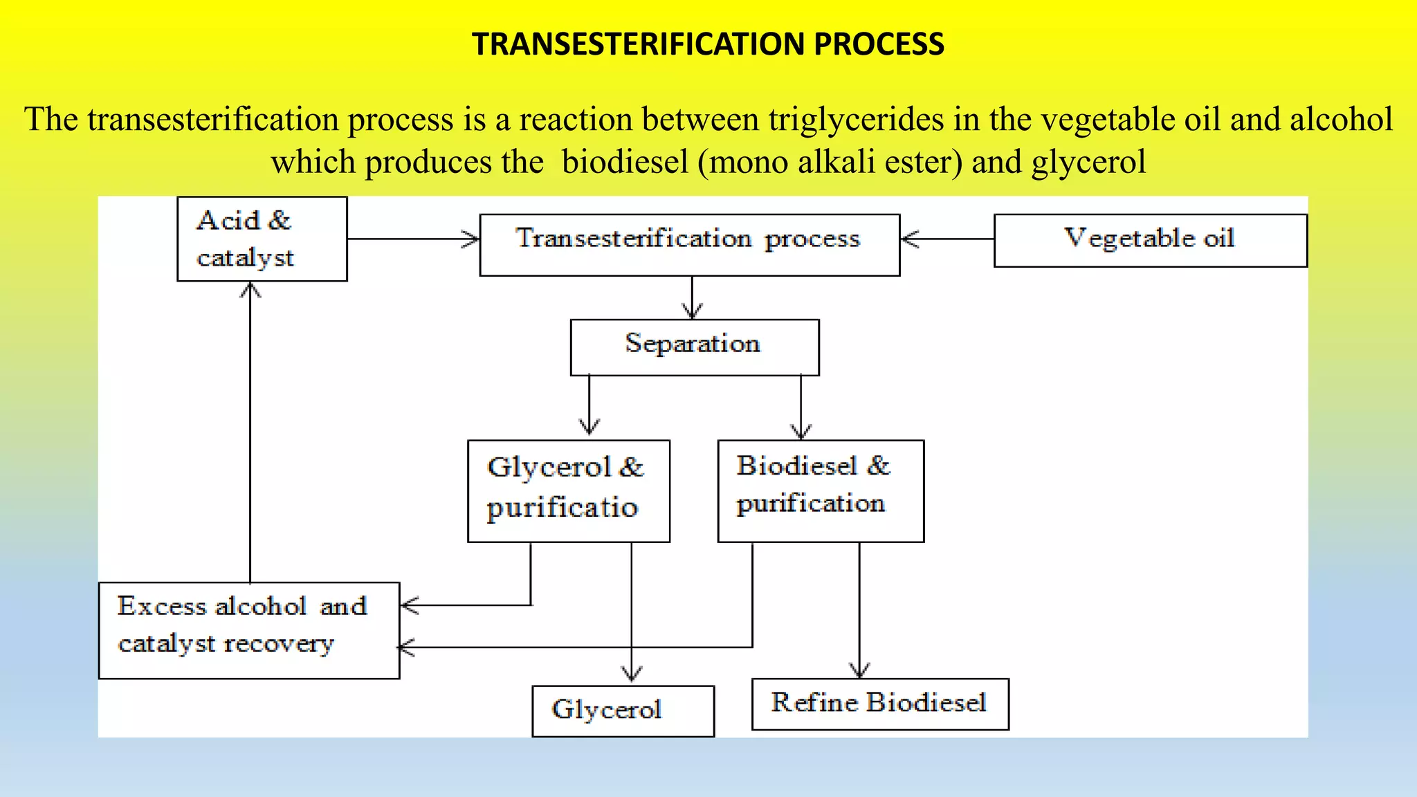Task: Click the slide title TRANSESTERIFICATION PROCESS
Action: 708,44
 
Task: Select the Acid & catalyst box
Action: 262,239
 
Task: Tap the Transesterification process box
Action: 689,244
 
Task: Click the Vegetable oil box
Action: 1150,239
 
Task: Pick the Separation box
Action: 694,347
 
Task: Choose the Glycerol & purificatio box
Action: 568,491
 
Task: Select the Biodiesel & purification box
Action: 820,491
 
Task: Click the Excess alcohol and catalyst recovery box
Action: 248,630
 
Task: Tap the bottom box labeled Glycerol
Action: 623,711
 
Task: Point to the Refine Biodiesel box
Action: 879,704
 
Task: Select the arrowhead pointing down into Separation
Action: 693,311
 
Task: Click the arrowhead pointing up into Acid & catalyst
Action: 250,290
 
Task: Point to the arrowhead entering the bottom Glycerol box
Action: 632,674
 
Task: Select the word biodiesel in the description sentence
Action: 625,162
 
